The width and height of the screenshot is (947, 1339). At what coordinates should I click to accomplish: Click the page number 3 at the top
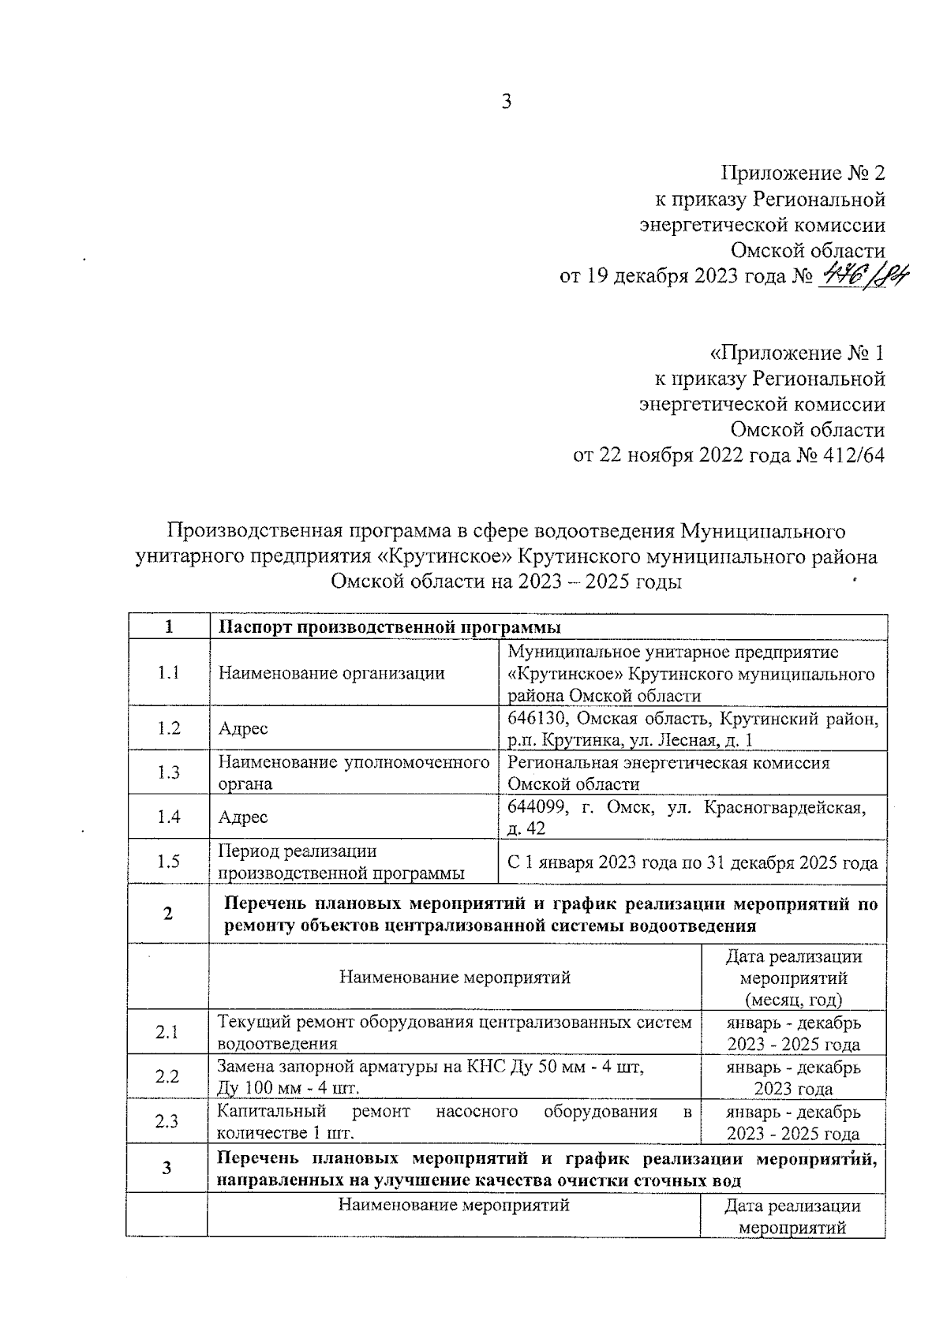click(x=506, y=101)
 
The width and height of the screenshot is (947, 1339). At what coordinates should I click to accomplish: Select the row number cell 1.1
click(x=168, y=673)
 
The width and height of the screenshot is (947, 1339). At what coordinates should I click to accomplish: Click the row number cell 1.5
click(x=168, y=862)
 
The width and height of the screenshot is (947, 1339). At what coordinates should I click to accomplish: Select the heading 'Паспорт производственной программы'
click(x=389, y=628)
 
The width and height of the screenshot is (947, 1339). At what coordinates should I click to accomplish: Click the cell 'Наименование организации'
click(x=331, y=673)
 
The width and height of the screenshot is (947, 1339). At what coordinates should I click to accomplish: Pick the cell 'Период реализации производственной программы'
click(x=341, y=862)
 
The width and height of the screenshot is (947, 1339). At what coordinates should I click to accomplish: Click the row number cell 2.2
click(x=167, y=1077)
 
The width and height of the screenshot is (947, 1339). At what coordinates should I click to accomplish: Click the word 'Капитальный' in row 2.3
click(x=271, y=1112)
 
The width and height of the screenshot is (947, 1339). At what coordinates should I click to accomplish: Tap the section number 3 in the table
click(x=167, y=1168)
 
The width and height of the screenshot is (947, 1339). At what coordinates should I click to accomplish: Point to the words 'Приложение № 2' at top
click(x=803, y=173)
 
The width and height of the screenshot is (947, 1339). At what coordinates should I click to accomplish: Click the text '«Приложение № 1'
click(x=797, y=353)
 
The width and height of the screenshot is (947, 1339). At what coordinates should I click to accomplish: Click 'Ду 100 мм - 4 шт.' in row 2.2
click(x=288, y=1089)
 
